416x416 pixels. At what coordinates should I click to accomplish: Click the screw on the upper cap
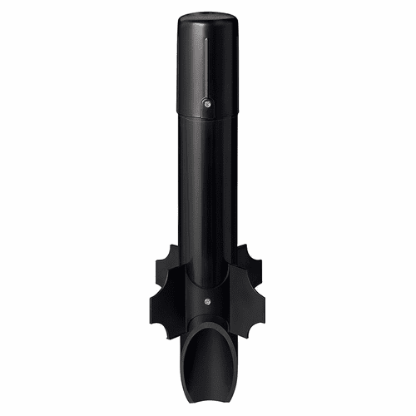[207, 105]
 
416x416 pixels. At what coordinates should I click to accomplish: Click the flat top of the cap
[207, 14]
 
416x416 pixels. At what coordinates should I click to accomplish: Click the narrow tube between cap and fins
[207, 191]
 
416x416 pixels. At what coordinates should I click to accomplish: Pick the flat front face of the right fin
[248, 287]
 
